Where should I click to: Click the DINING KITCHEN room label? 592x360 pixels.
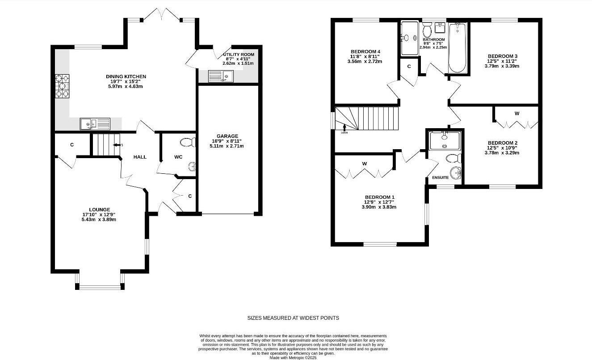coord(126,77)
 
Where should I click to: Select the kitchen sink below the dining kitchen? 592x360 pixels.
coord(94,124)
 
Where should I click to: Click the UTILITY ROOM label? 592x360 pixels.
coord(239,54)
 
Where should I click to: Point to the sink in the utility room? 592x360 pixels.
coord(221,77)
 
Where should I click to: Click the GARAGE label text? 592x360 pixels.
coord(228,136)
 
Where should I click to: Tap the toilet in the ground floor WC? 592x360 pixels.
coord(188,142)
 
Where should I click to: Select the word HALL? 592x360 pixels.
coord(140,157)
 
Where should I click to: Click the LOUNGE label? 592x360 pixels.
coord(99,209)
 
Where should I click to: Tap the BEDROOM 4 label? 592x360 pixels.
coord(365,52)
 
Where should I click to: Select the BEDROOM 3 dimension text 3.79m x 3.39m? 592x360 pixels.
coord(502,66)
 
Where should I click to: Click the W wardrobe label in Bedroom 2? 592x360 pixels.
coord(516,113)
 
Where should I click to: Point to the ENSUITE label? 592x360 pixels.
coord(440,178)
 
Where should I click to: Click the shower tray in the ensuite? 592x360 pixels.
coord(444,140)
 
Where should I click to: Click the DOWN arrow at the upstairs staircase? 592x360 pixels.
coord(344,129)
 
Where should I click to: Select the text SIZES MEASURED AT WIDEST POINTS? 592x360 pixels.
coord(293,318)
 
